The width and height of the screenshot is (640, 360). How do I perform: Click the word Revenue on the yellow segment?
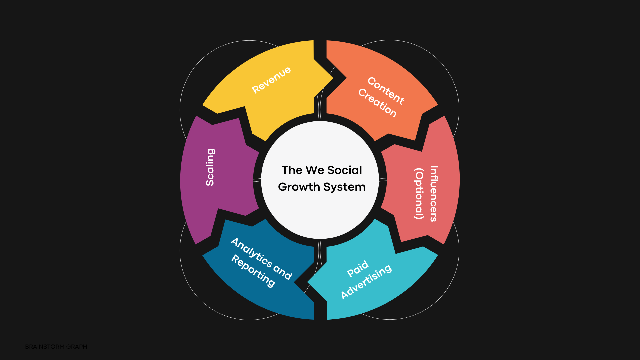[x=271, y=80]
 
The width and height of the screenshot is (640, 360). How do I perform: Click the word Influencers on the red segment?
[x=433, y=194]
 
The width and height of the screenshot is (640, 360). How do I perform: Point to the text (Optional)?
[x=419, y=194]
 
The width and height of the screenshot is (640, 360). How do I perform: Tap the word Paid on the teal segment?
[x=358, y=269]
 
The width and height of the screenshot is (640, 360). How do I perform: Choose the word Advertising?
[x=366, y=282]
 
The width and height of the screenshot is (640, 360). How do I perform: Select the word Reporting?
[x=253, y=271]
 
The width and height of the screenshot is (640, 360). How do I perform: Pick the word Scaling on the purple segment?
[x=210, y=167]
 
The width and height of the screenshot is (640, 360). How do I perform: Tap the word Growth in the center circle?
[x=299, y=187]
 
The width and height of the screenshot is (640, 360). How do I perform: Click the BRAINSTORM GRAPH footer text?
[x=56, y=347]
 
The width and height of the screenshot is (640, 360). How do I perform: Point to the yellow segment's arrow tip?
[x=332, y=79]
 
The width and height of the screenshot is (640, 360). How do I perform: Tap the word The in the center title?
[x=292, y=170]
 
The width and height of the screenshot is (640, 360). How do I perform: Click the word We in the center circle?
[x=315, y=170]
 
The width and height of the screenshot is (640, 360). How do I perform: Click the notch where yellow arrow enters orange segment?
[x=345, y=78]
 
